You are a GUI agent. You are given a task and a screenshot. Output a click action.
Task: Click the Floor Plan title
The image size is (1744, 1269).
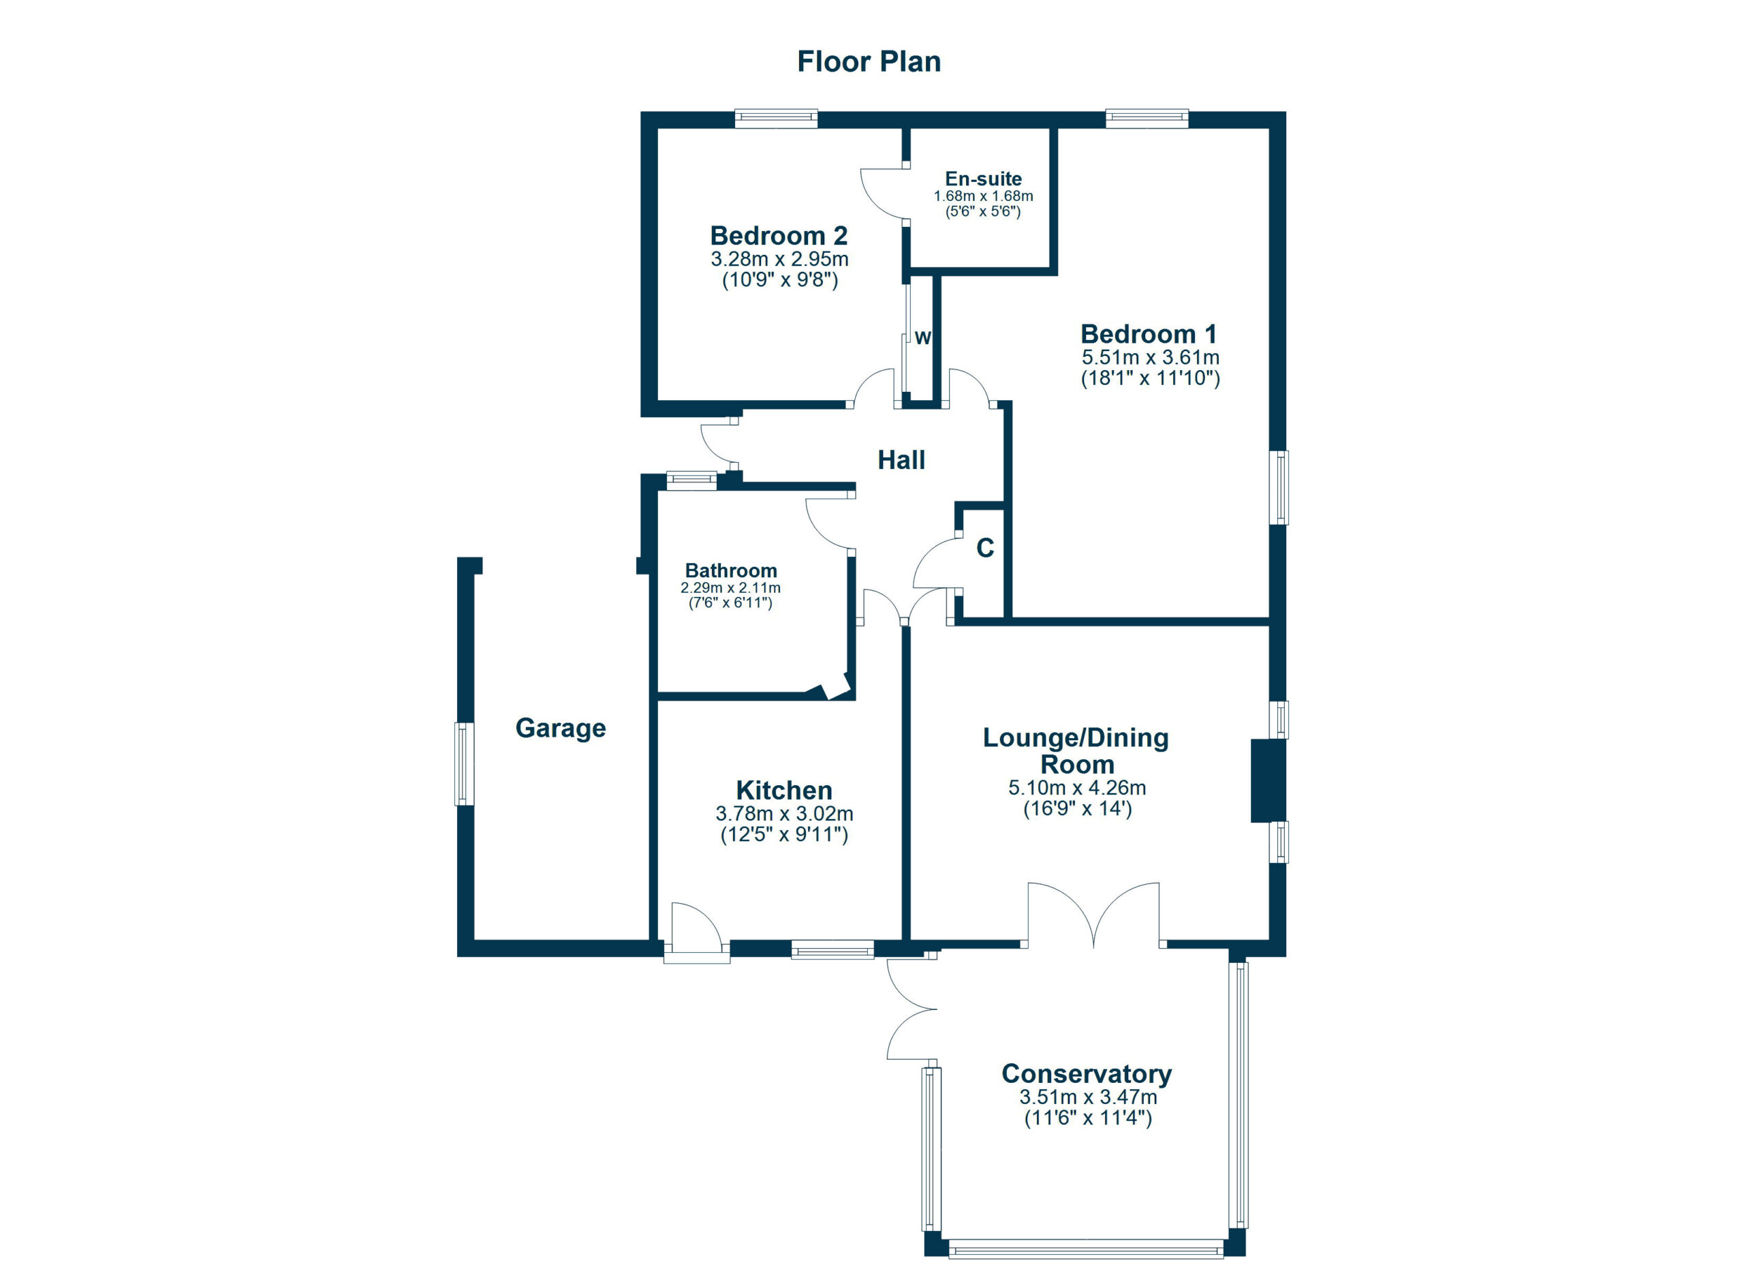point(868,61)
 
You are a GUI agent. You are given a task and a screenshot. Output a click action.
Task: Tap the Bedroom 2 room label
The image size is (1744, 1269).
point(778,235)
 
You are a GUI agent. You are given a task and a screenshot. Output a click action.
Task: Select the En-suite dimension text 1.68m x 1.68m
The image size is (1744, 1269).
point(983,196)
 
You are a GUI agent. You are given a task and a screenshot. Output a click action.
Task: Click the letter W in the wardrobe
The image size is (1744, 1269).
point(922,337)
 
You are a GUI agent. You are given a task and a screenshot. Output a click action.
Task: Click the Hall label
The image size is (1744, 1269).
point(901,460)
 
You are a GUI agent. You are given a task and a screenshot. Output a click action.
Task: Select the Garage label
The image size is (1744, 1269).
point(560,728)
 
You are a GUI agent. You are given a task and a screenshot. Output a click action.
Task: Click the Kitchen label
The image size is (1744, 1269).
point(783,790)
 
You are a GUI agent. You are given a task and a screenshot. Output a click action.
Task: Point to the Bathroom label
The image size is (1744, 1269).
point(730,570)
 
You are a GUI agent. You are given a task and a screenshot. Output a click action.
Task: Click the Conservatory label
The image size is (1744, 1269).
point(1086,1073)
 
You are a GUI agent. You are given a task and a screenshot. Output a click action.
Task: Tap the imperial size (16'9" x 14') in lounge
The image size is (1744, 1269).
point(1076,808)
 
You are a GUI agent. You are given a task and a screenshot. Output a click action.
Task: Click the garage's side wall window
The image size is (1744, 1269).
point(465,764)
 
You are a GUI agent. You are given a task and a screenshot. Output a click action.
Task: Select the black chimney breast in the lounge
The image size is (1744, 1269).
point(1266,780)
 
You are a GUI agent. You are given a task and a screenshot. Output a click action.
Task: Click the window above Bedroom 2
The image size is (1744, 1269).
point(775,119)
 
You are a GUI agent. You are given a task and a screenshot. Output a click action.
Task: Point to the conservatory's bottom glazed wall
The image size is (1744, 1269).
point(1085,1249)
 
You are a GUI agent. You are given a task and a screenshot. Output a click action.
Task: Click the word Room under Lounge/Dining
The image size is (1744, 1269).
point(1076,765)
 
